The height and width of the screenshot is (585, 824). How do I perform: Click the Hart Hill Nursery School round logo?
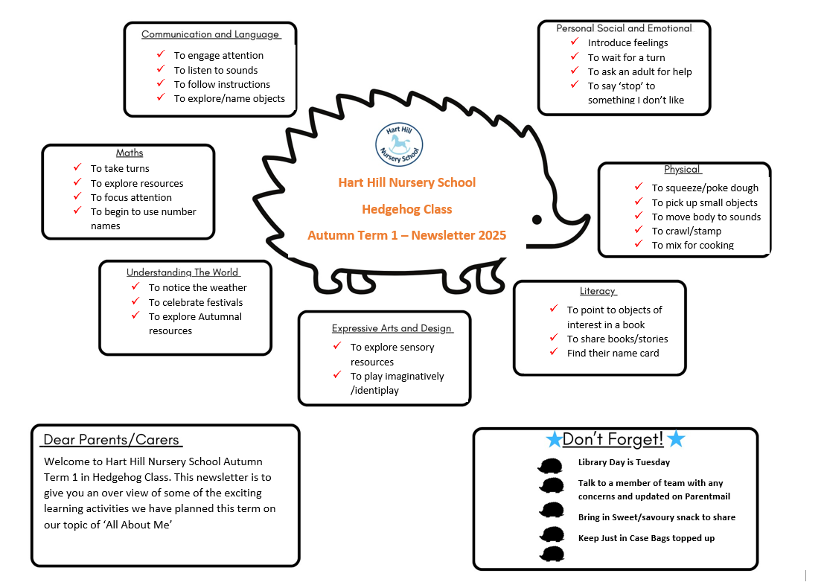point(399,145)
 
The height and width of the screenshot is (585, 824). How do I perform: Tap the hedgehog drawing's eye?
point(536,219)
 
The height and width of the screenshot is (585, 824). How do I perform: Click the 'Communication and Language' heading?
point(211,34)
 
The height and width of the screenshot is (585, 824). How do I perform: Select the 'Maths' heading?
point(130,153)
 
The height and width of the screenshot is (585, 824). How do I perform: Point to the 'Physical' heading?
point(683,169)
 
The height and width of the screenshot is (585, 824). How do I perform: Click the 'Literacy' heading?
point(598,291)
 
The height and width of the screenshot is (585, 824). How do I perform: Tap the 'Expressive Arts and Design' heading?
point(392,328)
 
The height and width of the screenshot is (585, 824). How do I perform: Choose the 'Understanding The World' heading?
point(182,272)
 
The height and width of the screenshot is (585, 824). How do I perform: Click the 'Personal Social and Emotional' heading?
point(624,28)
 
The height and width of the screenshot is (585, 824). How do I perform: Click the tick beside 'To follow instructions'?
point(160,83)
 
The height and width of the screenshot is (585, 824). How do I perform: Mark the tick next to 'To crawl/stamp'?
point(638,230)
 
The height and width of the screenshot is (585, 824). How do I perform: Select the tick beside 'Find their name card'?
point(553,352)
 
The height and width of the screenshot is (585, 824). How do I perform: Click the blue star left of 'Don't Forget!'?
point(554,440)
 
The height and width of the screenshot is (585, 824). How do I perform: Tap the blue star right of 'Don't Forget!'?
point(675,439)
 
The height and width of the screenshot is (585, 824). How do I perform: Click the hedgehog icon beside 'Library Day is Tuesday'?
point(551,465)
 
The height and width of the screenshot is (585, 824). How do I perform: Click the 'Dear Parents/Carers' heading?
point(112,440)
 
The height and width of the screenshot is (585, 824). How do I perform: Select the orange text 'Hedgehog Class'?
point(406,209)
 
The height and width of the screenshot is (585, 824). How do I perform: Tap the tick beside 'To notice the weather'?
point(135,287)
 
